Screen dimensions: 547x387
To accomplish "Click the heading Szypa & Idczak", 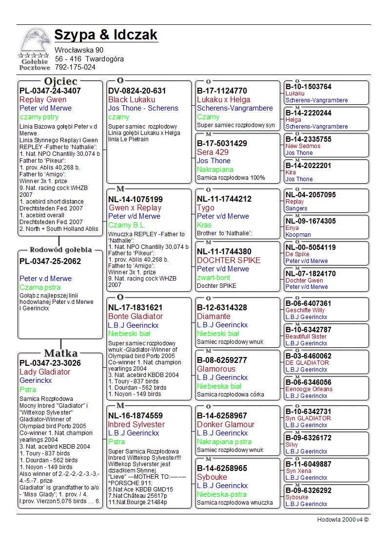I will click(x=106, y=35).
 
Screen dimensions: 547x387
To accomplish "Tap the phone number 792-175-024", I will click(x=75, y=67).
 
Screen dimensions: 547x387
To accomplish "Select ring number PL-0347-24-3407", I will click(x=50, y=91).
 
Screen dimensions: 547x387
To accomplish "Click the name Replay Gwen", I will click(x=43, y=100).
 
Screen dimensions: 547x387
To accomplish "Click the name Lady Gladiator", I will click(x=45, y=372).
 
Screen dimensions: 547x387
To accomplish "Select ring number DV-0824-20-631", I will click(x=137, y=91).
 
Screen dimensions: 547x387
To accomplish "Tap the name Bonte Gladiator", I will click(x=135, y=317).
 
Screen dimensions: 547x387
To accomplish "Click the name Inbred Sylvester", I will click(x=136, y=425).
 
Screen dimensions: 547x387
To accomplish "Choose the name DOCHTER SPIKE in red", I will click(x=229, y=260).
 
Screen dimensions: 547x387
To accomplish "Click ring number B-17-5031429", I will click(x=222, y=144).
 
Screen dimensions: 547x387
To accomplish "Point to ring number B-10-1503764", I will click(x=309, y=87).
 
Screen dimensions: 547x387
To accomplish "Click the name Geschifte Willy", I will click(x=305, y=310).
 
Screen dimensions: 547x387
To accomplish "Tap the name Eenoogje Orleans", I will click(x=309, y=389).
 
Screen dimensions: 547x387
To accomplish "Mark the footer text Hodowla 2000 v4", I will click(x=343, y=520).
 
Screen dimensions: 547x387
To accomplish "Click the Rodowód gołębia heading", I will click(x=61, y=250).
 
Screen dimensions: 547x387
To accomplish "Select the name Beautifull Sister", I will click(x=309, y=337).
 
